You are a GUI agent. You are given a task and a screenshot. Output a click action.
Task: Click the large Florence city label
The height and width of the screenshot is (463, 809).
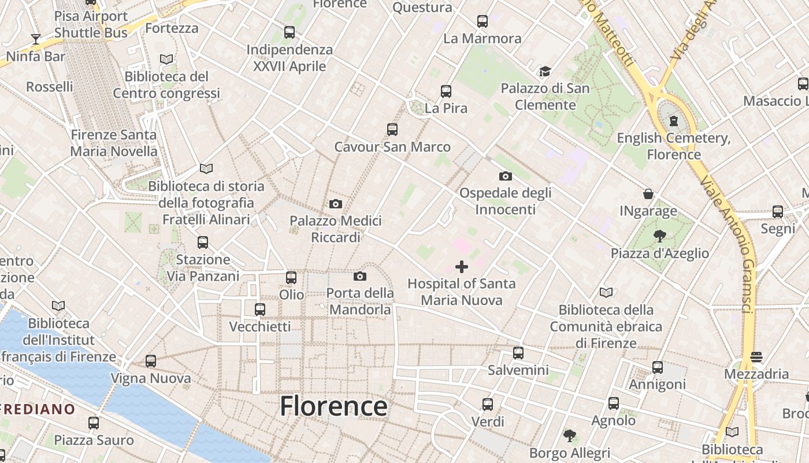333,406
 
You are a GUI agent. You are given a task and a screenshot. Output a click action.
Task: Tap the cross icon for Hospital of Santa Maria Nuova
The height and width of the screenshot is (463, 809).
461,267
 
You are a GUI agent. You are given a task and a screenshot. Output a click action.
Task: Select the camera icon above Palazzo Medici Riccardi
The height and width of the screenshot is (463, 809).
335,204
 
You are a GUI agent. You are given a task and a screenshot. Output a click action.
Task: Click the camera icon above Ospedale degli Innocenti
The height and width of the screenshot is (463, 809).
505,176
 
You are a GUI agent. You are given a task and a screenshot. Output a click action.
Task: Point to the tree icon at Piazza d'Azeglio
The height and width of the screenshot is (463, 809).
659,236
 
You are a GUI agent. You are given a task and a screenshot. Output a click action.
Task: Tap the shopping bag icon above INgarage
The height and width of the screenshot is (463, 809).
648,194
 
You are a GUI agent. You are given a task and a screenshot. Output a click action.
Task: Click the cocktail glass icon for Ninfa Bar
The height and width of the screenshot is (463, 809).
36,39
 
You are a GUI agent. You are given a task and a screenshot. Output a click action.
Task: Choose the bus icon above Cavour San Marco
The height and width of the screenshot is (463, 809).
392,130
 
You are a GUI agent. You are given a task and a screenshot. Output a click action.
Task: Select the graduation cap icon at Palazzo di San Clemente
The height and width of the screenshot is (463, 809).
545,72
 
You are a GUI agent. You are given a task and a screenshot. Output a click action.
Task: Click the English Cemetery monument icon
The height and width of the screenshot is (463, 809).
673,121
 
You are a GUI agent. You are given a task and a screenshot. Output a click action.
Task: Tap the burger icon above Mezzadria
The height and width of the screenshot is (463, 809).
756,357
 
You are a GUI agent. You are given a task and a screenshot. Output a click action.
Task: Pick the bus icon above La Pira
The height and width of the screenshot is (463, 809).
446,91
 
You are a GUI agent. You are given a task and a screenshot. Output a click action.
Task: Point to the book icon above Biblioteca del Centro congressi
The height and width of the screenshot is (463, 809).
166,59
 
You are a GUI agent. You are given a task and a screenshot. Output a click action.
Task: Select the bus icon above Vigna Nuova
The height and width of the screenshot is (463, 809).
151,361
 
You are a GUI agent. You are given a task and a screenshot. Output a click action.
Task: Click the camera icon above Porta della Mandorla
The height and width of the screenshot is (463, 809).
359,276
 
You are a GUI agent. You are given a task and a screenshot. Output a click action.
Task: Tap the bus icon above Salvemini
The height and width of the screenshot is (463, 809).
518,352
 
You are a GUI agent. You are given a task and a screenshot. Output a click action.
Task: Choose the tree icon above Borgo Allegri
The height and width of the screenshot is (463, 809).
570,435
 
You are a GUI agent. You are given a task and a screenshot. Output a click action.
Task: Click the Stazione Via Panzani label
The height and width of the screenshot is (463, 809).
202,268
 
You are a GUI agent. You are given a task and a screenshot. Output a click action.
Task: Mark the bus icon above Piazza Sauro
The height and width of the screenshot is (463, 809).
94,423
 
